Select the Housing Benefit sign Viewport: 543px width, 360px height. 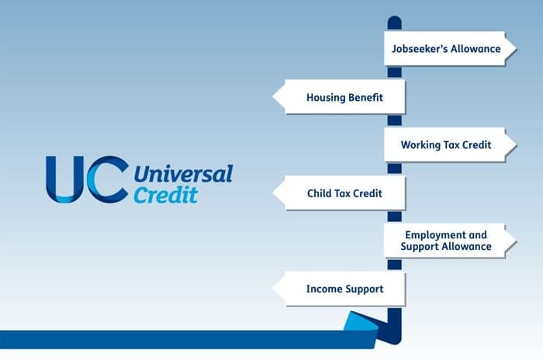point(339,97)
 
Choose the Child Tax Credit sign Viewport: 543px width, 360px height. point(339,192)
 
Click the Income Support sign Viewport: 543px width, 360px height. point(339,289)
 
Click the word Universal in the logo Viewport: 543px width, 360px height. point(184,174)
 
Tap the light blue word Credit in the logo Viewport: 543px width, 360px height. point(166,195)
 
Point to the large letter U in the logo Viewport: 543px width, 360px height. point(65,179)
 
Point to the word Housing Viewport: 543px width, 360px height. point(324,98)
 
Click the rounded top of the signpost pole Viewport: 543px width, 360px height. point(394,21)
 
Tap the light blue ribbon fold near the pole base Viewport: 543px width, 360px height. point(361,321)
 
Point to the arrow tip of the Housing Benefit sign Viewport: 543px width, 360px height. point(273,97)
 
